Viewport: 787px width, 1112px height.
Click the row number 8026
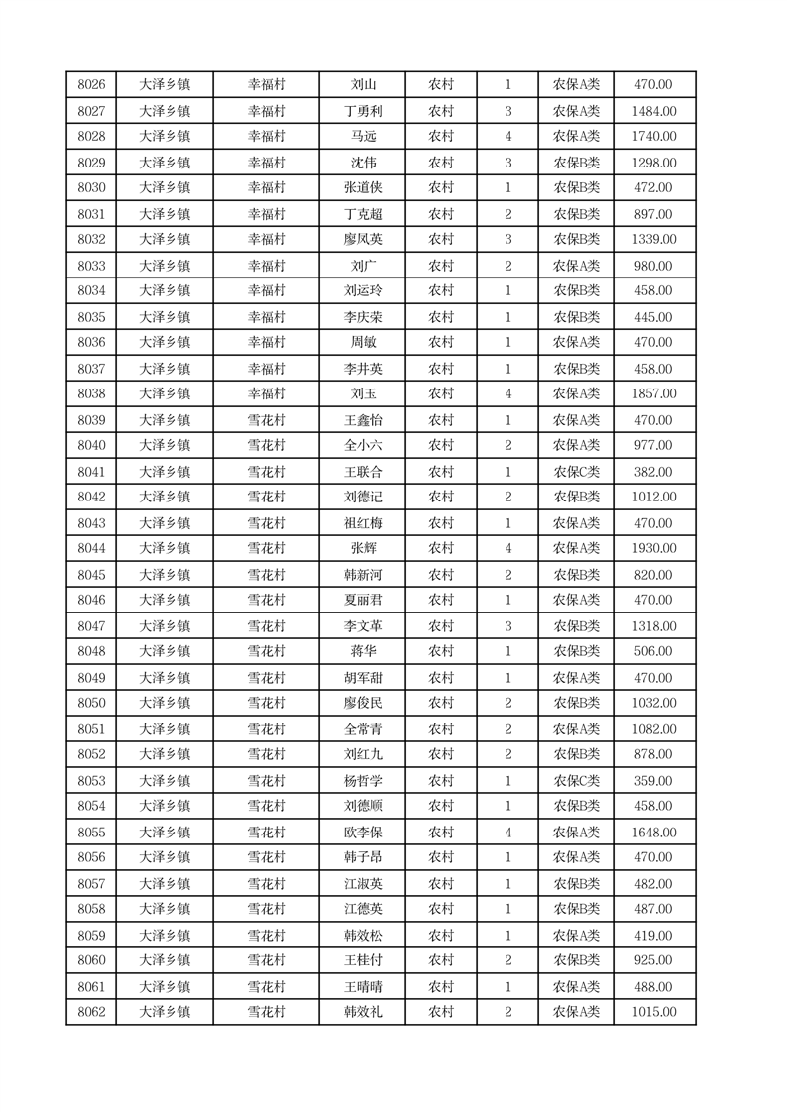point(91,85)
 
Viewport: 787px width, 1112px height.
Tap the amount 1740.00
point(654,137)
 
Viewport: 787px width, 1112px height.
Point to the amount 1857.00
point(654,394)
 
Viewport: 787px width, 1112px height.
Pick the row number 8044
point(91,549)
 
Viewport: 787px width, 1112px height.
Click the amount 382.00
point(654,472)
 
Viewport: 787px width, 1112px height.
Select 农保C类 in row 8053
point(576,781)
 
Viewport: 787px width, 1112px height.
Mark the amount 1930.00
point(654,549)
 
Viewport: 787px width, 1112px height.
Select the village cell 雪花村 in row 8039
point(266,420)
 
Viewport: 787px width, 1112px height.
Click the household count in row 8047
point(507,626)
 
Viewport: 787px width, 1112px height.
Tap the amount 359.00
point(654,781)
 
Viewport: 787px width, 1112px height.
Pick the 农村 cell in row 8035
point(441,317)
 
